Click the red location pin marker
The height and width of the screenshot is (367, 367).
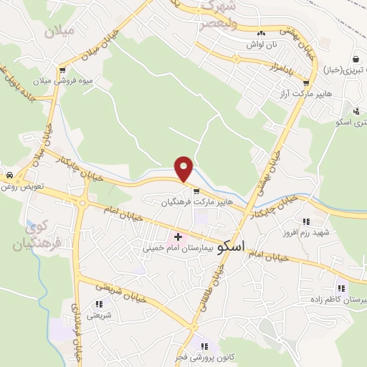184,168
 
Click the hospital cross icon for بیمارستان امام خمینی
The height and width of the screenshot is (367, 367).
178,237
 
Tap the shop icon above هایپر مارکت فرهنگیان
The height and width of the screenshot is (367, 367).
196,191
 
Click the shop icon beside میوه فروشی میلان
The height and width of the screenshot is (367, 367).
64,71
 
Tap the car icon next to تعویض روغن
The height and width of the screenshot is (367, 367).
9,176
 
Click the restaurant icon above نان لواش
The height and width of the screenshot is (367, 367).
261,33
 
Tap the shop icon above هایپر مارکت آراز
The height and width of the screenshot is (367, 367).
307,82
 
